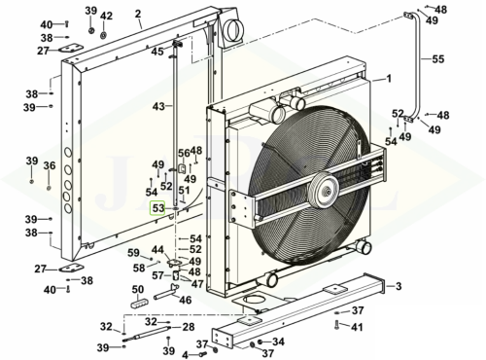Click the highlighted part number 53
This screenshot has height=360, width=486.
pos(158,208)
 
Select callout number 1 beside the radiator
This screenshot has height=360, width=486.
pos(389,79)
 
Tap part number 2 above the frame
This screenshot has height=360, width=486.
pos(138,14)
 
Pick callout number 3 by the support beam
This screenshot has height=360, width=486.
pos(399,286)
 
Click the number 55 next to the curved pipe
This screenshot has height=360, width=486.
pos(437,59)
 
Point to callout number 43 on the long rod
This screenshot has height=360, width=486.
pos(158,106)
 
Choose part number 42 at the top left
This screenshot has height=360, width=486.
pos(106,16)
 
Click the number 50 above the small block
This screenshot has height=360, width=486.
pos(138,289)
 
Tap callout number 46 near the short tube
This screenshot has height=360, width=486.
pos(186,300)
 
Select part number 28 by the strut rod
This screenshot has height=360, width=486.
pos(188,327)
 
